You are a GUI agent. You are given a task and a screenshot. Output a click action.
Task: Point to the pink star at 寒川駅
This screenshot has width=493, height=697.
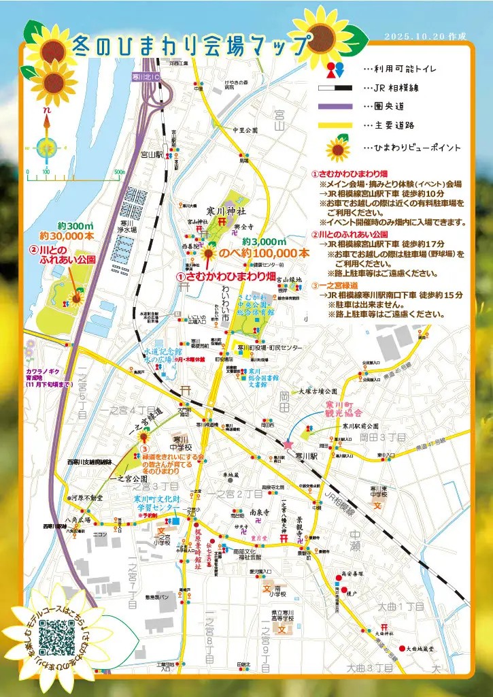point(288,444)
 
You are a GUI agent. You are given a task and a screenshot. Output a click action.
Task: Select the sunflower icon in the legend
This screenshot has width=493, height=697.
point(338,148)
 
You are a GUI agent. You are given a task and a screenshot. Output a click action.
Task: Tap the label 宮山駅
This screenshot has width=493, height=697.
point(151,155)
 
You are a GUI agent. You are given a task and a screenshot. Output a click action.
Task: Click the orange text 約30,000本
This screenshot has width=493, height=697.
point(67,236)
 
